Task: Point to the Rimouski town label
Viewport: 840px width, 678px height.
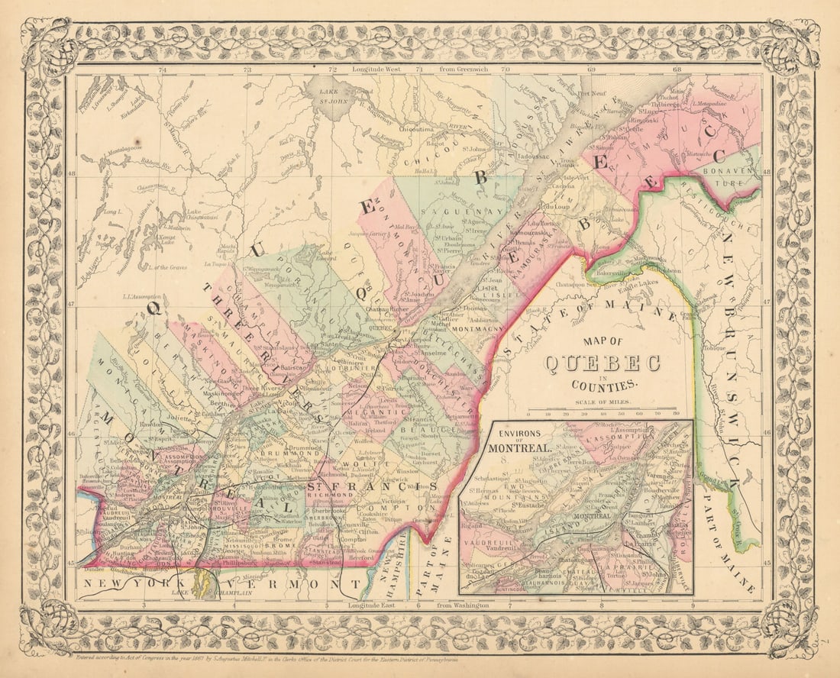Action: [x=646, y=121]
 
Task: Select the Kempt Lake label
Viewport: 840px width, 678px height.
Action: [x=166, y=238]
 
